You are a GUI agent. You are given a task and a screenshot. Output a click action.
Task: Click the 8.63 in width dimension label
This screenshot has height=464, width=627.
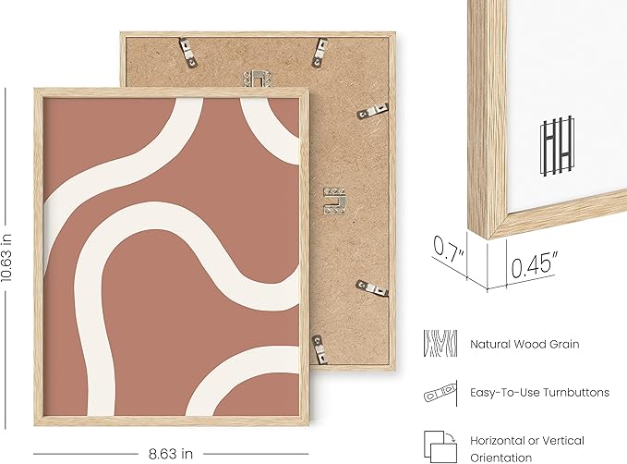click(x=171, y=454)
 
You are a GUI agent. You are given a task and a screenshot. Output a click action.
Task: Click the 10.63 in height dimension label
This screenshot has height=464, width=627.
click(x=6, y=258)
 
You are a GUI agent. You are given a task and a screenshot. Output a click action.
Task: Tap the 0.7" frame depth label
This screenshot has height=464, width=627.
click(x=449, y=250)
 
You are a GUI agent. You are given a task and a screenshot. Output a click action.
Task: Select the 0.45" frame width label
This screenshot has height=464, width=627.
click(x=534, y=264)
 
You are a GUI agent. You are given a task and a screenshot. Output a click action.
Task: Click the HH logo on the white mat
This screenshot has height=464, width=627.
click(x=557, y=145)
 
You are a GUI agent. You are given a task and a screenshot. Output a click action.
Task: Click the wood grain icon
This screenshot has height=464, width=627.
click(x=440, y=344)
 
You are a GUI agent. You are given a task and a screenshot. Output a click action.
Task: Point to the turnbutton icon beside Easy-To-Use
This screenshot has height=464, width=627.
click(x=440, y=393)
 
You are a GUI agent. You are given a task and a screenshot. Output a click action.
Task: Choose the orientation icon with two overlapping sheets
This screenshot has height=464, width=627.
click(x=440, y=446)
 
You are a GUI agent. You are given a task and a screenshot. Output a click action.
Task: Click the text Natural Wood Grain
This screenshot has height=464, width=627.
click(x=525, y=344)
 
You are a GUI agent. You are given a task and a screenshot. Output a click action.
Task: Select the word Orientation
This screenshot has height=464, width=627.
click(x=500, y=458)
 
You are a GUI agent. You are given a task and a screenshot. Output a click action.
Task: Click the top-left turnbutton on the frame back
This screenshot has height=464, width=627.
click(x=188, y=53)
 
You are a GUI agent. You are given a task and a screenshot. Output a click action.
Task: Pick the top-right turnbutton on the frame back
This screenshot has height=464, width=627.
click(x=320, y=52)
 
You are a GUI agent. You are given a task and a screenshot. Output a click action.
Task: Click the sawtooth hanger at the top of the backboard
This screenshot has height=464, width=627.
click(x=258, y=78)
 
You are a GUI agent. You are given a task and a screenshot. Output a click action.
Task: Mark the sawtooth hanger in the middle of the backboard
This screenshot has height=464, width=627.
click(x=334, y=201)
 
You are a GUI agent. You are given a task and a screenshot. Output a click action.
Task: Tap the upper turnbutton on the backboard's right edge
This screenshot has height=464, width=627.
click(x=372, y=111)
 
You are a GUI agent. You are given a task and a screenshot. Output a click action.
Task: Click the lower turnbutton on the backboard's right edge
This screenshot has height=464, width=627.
click(x=372, y=288)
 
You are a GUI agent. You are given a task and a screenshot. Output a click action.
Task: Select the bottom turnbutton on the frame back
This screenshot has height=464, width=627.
click(x=320, y=349)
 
